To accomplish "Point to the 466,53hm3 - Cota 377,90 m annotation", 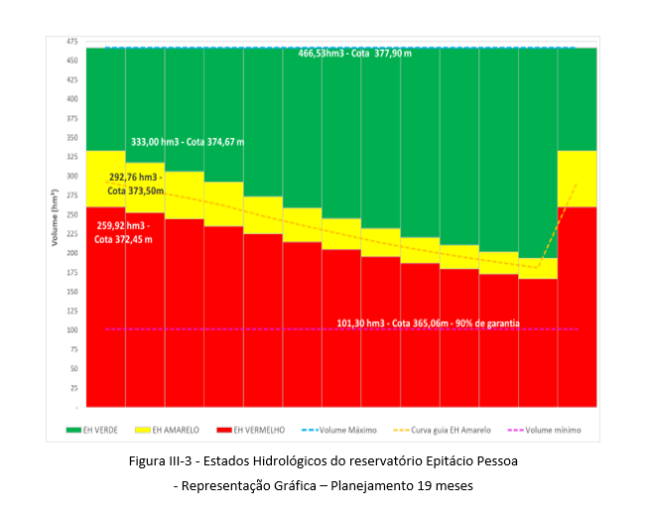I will (354, 53).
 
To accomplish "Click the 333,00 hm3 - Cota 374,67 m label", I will (188, 142).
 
